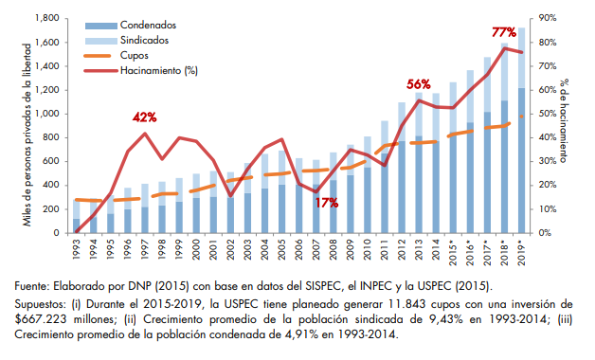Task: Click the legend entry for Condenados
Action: click(131, 26)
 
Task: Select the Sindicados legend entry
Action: click(127, 41)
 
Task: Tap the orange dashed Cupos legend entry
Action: click(117, 56)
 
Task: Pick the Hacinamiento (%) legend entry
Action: click(141, 70)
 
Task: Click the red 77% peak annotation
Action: click(504, 32)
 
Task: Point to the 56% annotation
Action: click(419, 84)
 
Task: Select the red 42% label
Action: click(145, 117)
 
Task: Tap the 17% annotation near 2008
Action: click(326, 203)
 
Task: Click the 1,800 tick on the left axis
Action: click(47, 18)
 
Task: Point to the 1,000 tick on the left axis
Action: click(47, 114)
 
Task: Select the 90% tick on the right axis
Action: click(548, 18)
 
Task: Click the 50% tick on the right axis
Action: click(548, 114)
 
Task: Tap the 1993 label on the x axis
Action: click(77, 248)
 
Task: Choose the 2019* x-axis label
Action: click(521, 251)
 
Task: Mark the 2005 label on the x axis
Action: click(282, 248)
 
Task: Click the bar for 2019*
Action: click(521, 130)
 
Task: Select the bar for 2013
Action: click(419, 163)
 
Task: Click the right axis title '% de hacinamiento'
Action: click(564, 120)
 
